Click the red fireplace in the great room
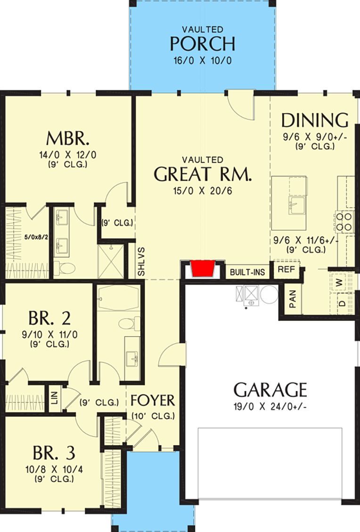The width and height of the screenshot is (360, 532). point(204,269)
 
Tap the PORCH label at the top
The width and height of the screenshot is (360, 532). point(202,43)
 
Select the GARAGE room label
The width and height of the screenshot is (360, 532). point(270,390)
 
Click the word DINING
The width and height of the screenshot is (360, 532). point(315,121)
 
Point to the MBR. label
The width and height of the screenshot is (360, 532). point(68,139)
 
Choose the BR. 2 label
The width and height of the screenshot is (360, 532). point(49,318)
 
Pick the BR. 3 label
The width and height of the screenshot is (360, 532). point(54,453)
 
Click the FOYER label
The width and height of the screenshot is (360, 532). point(153,400)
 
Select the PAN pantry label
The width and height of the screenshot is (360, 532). point(293,298)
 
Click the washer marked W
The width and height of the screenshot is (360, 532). point(340,283)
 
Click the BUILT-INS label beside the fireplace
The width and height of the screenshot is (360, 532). point(244,272)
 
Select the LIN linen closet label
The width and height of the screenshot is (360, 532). point(54,399)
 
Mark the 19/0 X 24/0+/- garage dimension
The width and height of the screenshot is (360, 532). point(270,407)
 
